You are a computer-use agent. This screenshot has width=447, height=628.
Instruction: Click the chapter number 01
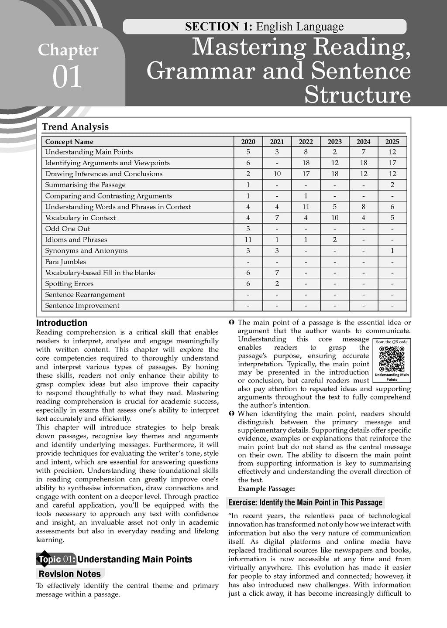(x=67, y=77)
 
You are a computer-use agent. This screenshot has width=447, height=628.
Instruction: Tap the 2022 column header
(x=306, y=141)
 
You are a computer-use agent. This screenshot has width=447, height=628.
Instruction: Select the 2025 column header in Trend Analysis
(x=392, y=141)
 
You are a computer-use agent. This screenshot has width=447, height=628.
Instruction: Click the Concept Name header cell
(x=69, y=141)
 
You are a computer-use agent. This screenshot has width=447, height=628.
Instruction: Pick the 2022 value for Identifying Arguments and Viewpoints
(x=306, y=163)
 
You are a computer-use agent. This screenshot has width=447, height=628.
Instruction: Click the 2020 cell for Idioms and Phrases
(x=248, y=239)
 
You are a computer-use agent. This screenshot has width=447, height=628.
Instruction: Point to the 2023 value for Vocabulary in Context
(x=334, y=218)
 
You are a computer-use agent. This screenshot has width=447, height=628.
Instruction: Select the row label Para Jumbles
(x=65, y=262)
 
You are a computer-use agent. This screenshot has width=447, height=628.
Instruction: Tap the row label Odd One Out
(x=68, y=229)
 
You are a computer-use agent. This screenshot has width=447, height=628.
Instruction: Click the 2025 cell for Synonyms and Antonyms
(x=392, y=250)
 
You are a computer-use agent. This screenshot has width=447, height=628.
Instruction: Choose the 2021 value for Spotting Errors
(x=277, y=283)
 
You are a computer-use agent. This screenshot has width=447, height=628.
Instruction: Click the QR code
(x=392, y=358)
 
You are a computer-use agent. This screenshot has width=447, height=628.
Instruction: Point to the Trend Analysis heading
(x=75, y=127)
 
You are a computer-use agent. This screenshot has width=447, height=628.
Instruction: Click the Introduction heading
(x=62, y=323)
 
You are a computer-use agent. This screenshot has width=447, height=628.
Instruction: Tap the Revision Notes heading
(x=69, y=574)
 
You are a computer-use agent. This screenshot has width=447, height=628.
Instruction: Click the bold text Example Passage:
(x=266, y=488)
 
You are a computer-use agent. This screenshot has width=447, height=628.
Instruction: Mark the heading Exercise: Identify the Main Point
(x=305, y=502)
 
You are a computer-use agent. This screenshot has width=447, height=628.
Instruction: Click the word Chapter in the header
(x=68, y=51)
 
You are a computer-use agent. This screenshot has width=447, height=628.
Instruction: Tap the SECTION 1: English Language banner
(x=264, y=27)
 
